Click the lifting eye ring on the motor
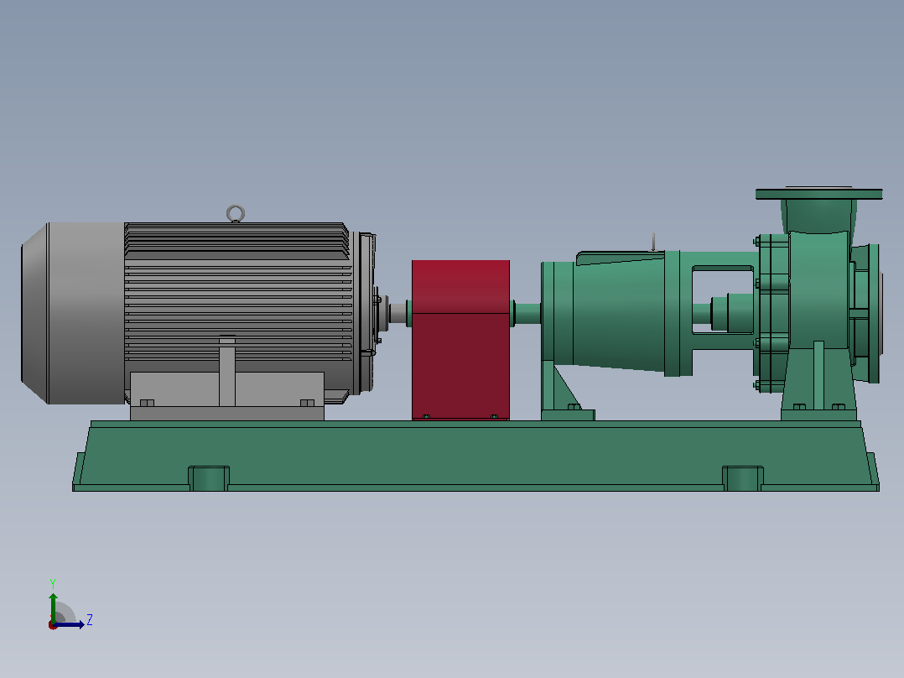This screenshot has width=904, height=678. tap(235, 207)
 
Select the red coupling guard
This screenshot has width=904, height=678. tap(460, 340)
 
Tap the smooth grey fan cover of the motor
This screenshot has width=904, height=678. tap(73, 313)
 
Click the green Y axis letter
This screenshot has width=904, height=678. tap(53, 583)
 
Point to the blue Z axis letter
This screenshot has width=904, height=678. tap(90, 620)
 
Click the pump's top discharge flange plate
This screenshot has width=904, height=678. tap(818, 194)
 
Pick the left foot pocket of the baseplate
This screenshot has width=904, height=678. tap(209, 478)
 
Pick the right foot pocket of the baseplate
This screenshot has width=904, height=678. tap(743, 478)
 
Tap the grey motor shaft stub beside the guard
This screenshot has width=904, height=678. tap(397, 313)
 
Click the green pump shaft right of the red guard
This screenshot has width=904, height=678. tap(527, 313)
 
